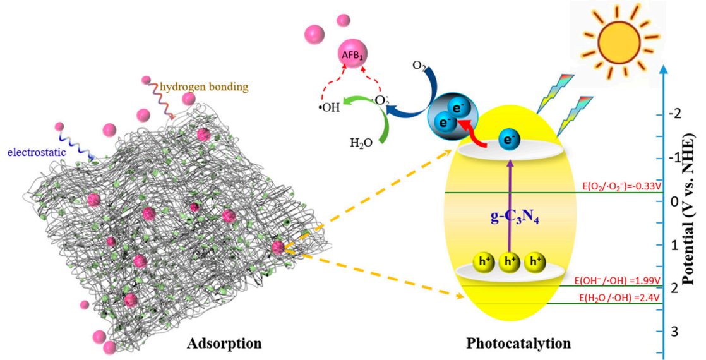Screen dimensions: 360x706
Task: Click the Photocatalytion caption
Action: (518, 344)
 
